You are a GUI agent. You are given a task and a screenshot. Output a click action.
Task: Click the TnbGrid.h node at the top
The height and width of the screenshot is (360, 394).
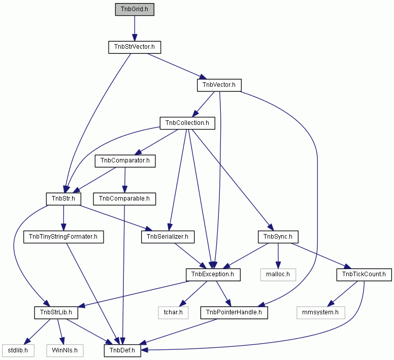[135, 9]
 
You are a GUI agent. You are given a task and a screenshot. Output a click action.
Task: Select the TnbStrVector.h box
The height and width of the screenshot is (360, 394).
[135, 47]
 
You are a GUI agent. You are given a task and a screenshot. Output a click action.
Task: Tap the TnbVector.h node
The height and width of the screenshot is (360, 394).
[219, 85]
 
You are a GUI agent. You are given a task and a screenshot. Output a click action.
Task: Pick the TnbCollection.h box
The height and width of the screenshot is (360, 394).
[187, 123]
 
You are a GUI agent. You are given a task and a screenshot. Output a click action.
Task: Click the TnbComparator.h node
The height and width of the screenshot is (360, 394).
[125, 161]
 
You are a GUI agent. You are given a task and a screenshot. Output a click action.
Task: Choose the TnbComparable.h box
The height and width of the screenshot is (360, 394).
[124, 199]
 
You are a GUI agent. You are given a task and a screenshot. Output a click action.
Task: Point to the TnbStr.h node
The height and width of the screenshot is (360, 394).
[63, 199]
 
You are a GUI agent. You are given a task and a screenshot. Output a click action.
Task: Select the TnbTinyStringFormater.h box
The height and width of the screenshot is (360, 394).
[63, 237]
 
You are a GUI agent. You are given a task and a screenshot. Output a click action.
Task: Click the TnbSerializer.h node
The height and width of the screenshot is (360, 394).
[168, 237]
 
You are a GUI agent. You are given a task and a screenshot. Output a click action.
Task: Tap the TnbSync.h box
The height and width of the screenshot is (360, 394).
[278, 237]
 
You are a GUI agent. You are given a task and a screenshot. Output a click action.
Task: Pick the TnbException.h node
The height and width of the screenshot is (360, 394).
[213, 275]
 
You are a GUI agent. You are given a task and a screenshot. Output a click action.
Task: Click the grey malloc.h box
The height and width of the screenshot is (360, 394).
[278, 275]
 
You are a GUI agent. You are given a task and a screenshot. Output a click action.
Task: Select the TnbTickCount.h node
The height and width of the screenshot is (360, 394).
[364, 275]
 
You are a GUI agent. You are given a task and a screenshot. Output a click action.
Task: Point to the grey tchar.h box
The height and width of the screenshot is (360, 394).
[173, 313]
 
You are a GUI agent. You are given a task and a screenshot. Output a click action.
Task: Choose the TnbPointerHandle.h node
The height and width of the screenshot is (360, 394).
[234, 313]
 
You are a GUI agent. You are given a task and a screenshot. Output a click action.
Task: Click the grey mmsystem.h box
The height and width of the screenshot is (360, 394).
[320, 313]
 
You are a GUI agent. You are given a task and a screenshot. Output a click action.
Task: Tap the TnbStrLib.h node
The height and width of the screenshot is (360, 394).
[56, 313]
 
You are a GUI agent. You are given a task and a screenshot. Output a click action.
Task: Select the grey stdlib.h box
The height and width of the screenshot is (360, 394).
[18, 351]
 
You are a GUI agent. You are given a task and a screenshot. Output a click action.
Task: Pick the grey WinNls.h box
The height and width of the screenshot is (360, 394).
[64, 351]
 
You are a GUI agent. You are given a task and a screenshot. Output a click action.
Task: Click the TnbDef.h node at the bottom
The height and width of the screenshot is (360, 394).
[122, 351]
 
